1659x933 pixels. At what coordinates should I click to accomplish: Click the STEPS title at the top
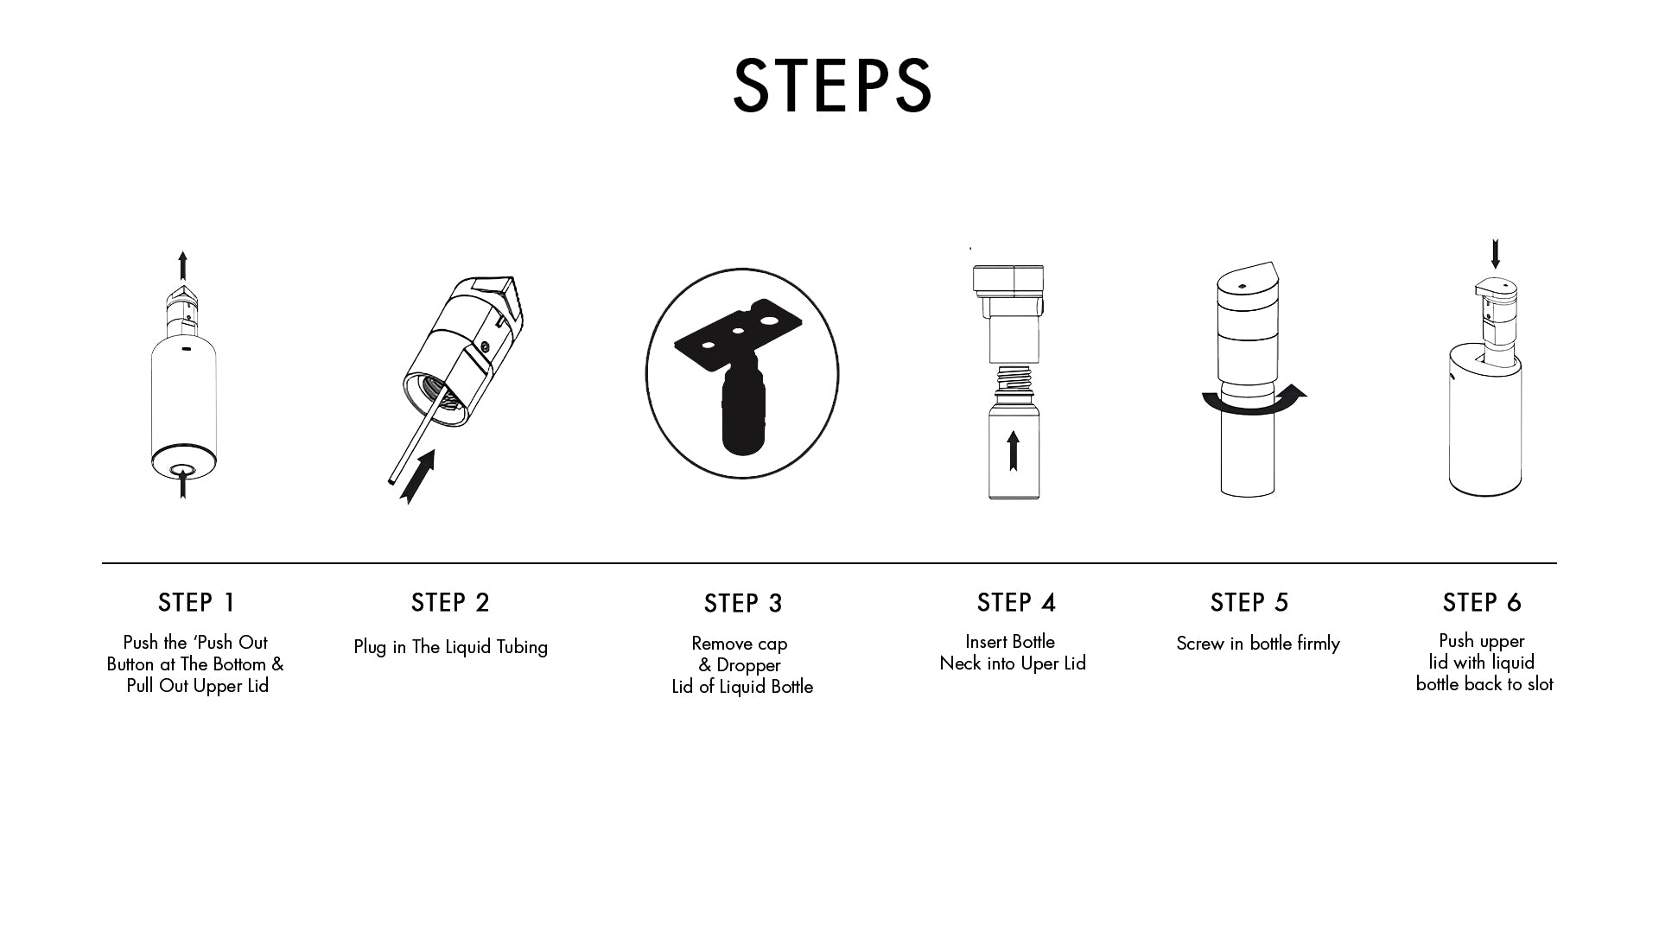click(x=832, y=86)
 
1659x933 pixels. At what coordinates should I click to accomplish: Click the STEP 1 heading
click(x=197, y=602)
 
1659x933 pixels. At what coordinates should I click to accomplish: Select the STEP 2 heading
click(x=450, y=602)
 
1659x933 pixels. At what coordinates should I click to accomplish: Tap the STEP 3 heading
click(x=743, y=603)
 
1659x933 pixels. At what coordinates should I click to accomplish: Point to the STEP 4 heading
click(x=1016, y=602)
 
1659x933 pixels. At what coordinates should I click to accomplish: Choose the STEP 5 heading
click(x=1249, y=602)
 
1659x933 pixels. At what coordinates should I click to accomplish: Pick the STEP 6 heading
click(x=1482, y=602)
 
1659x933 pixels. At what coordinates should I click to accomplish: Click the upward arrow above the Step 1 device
click(x=182, y=265)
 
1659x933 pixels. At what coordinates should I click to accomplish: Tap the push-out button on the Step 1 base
click(x=182, y=469)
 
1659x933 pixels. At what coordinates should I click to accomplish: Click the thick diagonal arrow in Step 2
click(x=417, y=476)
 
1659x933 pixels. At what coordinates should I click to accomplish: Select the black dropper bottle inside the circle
click(x=743, y=408)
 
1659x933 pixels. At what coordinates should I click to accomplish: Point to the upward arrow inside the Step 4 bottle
click(x=1014, y=451)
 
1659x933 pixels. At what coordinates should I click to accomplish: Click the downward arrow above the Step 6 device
click(x=1496, y=254)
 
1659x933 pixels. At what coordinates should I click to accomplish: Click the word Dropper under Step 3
click(x=748, y=666)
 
